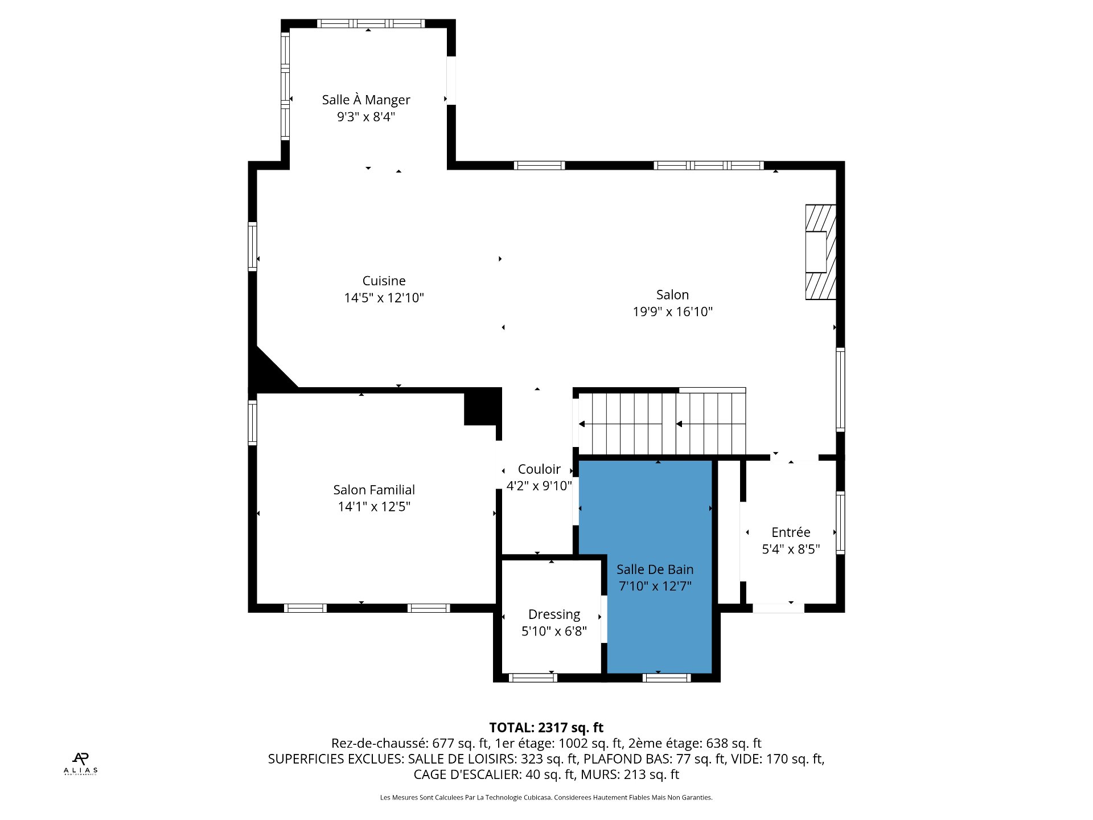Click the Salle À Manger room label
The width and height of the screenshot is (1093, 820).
tap(366, 100)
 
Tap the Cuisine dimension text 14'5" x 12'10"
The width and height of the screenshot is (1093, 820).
tap(384, 298)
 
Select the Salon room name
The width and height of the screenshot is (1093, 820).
tap(672, 295)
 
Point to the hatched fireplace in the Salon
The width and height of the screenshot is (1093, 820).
tap(820, 252)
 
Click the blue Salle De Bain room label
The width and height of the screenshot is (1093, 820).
tap(655, 569)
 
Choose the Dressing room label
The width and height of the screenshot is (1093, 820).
tap(554, 615)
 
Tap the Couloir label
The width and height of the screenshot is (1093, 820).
tap(539, 469)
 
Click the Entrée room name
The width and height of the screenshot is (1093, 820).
tap(791, 532)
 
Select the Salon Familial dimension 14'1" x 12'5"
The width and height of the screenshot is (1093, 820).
tap(374, 507)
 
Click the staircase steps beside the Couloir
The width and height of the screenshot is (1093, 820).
tap(662, 423)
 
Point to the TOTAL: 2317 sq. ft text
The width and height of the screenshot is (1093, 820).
tap(546, 728)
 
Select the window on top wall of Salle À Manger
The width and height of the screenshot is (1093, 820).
tap(371, 23)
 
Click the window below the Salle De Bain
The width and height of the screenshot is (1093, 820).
tap(667, 678)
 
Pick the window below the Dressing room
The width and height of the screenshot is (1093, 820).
tap(533, 678)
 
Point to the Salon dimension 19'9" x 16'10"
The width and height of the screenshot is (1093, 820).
tap(673, 312)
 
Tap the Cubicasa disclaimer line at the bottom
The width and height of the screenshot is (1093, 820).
tap(546, 798)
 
